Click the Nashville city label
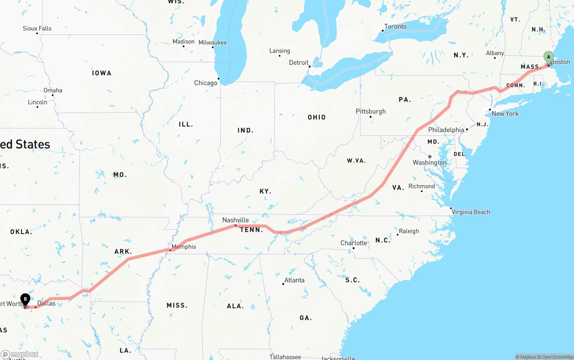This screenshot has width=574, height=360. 235,220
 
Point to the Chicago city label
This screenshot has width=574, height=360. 205,83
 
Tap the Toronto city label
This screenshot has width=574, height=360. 395,27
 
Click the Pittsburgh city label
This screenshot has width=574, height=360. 370,111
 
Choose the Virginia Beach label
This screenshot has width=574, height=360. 470,212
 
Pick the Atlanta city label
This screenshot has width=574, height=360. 294,280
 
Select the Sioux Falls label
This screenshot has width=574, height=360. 37,29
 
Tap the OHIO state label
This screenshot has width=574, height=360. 317,117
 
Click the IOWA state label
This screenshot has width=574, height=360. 102,73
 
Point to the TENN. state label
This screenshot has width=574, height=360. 252,230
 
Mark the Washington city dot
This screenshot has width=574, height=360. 430,156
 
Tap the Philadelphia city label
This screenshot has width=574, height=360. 446,130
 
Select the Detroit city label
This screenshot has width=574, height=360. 299,63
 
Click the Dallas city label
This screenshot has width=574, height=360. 46,304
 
